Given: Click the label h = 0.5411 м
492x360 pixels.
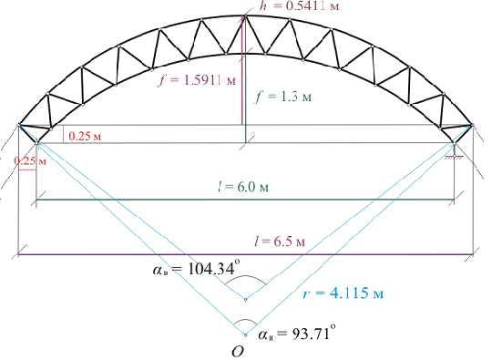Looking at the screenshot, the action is pos(300,5).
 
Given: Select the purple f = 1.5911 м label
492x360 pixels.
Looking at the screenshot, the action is pos(198,81).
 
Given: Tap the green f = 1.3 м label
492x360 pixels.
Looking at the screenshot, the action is pos(284,97).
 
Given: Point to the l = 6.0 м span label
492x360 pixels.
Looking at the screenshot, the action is pos(244,187).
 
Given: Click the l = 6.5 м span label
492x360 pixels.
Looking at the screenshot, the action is pos(280,242).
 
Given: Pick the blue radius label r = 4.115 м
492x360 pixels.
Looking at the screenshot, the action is pos(343,293).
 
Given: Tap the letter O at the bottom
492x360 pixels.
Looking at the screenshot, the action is pos(238,352).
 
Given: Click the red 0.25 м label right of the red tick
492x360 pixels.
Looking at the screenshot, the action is pos(85,136).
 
